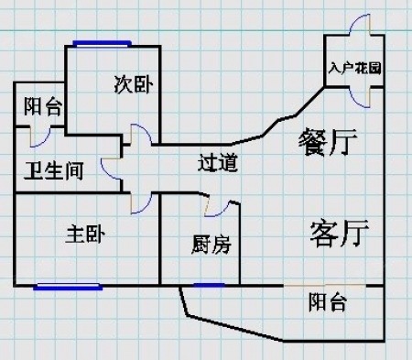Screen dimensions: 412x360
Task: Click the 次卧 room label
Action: point(134,84)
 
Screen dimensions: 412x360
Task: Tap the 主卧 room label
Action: point(85,235)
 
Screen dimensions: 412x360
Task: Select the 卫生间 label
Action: point(54,170)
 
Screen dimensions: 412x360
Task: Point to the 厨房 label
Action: point(211,245)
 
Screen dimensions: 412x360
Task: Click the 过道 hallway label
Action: point(218,162)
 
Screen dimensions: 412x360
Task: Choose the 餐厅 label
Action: point(328,142)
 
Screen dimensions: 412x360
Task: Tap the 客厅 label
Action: point(340,234)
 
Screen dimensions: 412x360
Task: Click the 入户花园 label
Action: point(355,68)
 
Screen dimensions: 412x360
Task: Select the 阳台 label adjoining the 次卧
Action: point(43,106)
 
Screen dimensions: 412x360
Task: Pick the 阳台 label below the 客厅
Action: point(328,302)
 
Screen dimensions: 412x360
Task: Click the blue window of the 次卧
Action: point(103,44)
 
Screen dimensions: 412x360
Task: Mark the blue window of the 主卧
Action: point(68,287)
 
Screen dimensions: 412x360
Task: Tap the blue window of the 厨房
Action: point(209,285)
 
